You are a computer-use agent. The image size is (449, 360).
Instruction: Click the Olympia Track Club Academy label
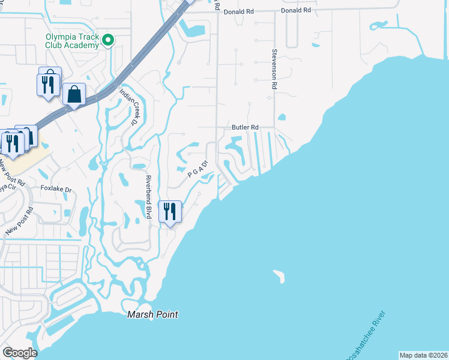tap(72, 41)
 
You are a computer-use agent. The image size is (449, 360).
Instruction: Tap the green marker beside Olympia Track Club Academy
tap(108, 41)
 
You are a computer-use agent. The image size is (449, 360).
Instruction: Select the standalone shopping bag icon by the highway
tap(74, 94)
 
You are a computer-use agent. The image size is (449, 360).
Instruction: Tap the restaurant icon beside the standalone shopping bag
tap(49, 84)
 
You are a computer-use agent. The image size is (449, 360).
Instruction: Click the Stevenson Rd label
tap(274, 70)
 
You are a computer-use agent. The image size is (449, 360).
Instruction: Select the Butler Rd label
tap(245, 128)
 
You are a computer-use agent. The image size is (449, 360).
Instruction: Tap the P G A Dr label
tap(197, 169)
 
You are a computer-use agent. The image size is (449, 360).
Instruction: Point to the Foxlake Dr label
tap(56, 189)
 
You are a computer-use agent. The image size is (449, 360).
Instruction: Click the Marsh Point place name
tap(152, 314)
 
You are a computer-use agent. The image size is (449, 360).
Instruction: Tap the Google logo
tap(19, 353)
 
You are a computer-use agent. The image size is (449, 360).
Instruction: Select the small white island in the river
tap(279, 276)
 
